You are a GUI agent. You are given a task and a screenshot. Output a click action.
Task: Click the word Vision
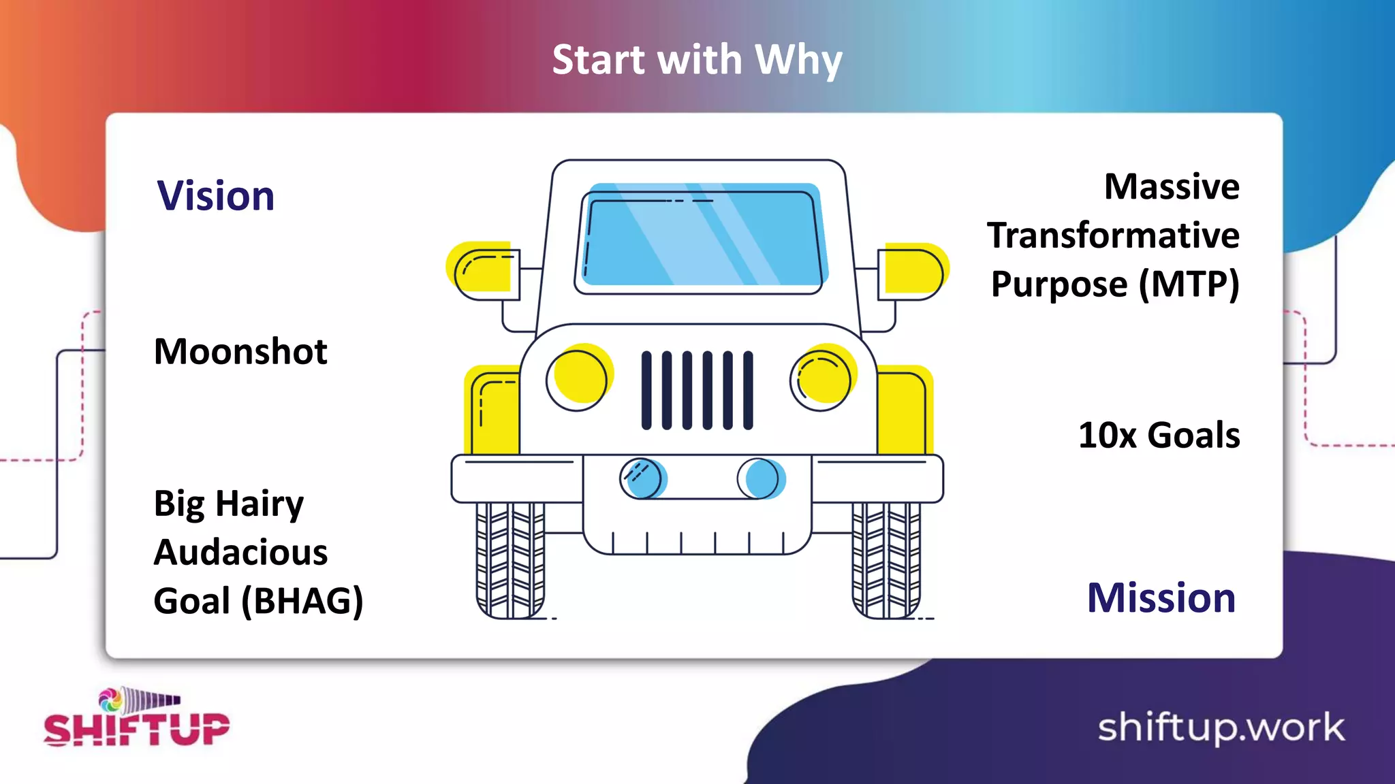tap(215, 196)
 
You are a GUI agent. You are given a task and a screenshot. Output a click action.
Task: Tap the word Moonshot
tap(240, 352)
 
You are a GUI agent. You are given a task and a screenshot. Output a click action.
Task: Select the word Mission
tap(1161, 598)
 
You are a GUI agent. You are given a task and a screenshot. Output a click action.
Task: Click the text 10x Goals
tap(1159, 436)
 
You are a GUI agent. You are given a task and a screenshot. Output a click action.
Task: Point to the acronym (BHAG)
tap(302, 601)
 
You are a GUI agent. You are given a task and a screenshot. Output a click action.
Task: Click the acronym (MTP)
tap(1189, 284)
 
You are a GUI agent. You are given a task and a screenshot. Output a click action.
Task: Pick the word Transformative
tap(1113, 235)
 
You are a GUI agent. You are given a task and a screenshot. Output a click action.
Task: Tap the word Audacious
tap(240, 552)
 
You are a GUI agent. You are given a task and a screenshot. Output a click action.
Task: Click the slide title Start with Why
tap(697, 60)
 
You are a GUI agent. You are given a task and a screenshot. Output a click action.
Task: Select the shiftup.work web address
tap(1221, 728)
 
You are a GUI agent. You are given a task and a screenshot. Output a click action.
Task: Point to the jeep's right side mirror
tap(911, 272)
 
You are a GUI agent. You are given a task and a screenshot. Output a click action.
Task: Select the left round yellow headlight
tap(579, 378)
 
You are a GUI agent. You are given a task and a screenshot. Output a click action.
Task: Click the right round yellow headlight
tap(822, 378)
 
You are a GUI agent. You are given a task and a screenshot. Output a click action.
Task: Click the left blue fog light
tap(643, 478)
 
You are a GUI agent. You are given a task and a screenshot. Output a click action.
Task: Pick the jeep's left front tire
tap(510, 559)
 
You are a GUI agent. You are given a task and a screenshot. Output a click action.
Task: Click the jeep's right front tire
tap(886, 559)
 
